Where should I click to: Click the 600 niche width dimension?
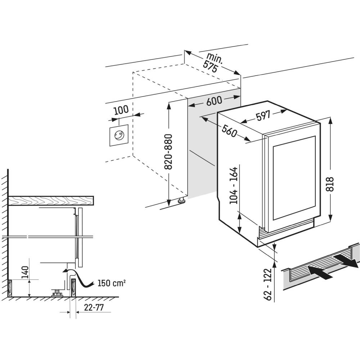pos(214,101)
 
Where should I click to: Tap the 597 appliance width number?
pos(263,116)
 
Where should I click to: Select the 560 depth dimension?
pos(229,131)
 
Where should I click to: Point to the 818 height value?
pos(329,184)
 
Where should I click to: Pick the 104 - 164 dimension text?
pos(234,185)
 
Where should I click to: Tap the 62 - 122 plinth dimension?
pos(268,284)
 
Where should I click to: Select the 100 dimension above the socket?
pos(121,110)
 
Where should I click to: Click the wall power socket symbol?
pos(119,135)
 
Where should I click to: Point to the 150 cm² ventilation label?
pos(112,283)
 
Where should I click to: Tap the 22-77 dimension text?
pos(94,307)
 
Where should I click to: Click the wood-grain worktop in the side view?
pos(51,201)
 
